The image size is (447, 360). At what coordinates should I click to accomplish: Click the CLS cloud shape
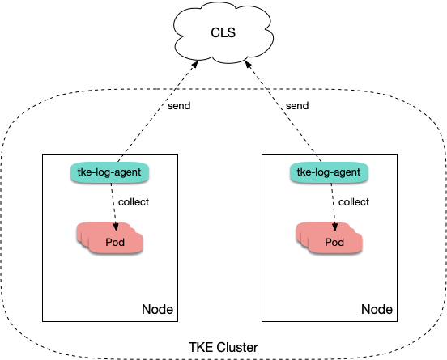point(223,32)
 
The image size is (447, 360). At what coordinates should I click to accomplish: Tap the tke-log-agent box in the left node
point(110,172)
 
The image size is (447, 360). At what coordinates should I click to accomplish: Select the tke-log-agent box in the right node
point(330,172)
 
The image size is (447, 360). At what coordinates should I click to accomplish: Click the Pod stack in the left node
point(110,238)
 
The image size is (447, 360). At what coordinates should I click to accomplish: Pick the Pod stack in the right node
point(330,238)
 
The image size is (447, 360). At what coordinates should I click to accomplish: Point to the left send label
point(179,106)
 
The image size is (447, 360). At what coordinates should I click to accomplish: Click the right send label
point(297,106)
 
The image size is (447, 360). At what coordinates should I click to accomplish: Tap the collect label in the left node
point(134,202)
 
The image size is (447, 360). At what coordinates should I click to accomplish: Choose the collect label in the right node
point(354,202)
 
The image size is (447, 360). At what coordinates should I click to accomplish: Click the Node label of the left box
point(157,309)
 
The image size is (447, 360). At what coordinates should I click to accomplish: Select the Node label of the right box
point(377,309)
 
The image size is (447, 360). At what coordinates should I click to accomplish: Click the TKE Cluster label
point(223,348)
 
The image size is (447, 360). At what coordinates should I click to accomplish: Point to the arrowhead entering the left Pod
point(116,227)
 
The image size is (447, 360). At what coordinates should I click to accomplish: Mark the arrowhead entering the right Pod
point(335,227)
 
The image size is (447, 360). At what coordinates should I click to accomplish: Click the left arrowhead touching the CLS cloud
point(194,65)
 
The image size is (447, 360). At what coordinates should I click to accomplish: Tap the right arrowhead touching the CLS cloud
point(249,65)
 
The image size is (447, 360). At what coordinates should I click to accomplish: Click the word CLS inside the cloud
point(223,32)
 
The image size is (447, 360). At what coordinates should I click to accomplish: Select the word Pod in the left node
point(115,243)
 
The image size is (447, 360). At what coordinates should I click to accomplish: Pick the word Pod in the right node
point(334,243)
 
